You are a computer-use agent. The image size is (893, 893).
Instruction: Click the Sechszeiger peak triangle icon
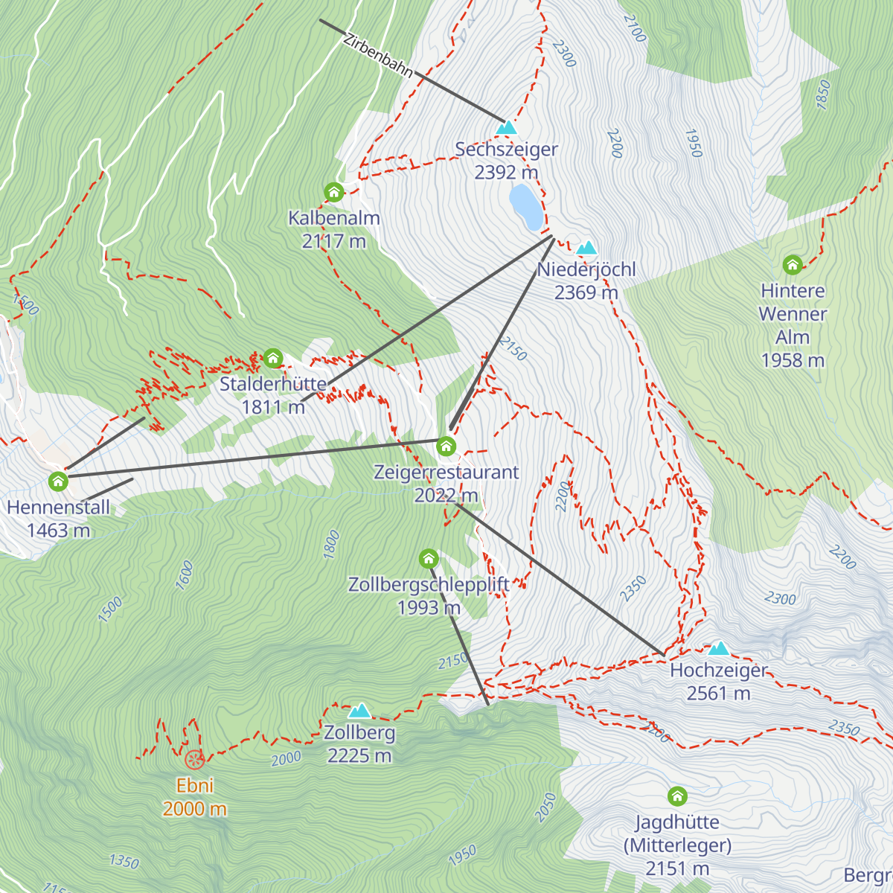coord(506,128)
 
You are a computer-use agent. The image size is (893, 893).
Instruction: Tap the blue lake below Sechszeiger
coord(525,207)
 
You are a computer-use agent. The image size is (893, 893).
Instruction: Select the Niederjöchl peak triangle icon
coord(587,247)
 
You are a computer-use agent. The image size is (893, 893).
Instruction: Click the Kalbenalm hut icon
coord(334,192)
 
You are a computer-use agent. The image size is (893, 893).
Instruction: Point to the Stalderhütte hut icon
coord(273,358)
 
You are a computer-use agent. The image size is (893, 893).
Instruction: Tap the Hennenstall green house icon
coord(58,481)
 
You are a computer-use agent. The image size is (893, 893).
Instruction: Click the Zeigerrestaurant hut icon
coord(446,446)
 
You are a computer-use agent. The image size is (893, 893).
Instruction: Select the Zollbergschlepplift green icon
coord(429,558)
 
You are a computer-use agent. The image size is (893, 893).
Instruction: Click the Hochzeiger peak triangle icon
coord(718,648)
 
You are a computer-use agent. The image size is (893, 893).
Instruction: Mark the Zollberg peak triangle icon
coord(359,711)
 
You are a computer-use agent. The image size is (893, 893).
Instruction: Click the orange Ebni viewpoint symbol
coord(194,760)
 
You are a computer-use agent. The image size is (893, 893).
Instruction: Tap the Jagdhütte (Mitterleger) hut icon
coord(677,796)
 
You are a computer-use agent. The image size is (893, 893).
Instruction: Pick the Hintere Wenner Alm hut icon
coord(793,264)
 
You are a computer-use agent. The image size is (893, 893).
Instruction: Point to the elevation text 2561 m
coord(718,694)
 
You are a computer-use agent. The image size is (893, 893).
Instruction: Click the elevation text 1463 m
coord(58,531)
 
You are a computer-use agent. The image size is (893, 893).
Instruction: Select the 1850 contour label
coord(822,95)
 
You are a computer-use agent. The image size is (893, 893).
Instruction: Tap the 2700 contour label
coord(634,28)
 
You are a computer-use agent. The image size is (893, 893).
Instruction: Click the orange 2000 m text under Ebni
coord(194,809)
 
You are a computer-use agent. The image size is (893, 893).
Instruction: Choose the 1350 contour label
coord(124,862)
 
